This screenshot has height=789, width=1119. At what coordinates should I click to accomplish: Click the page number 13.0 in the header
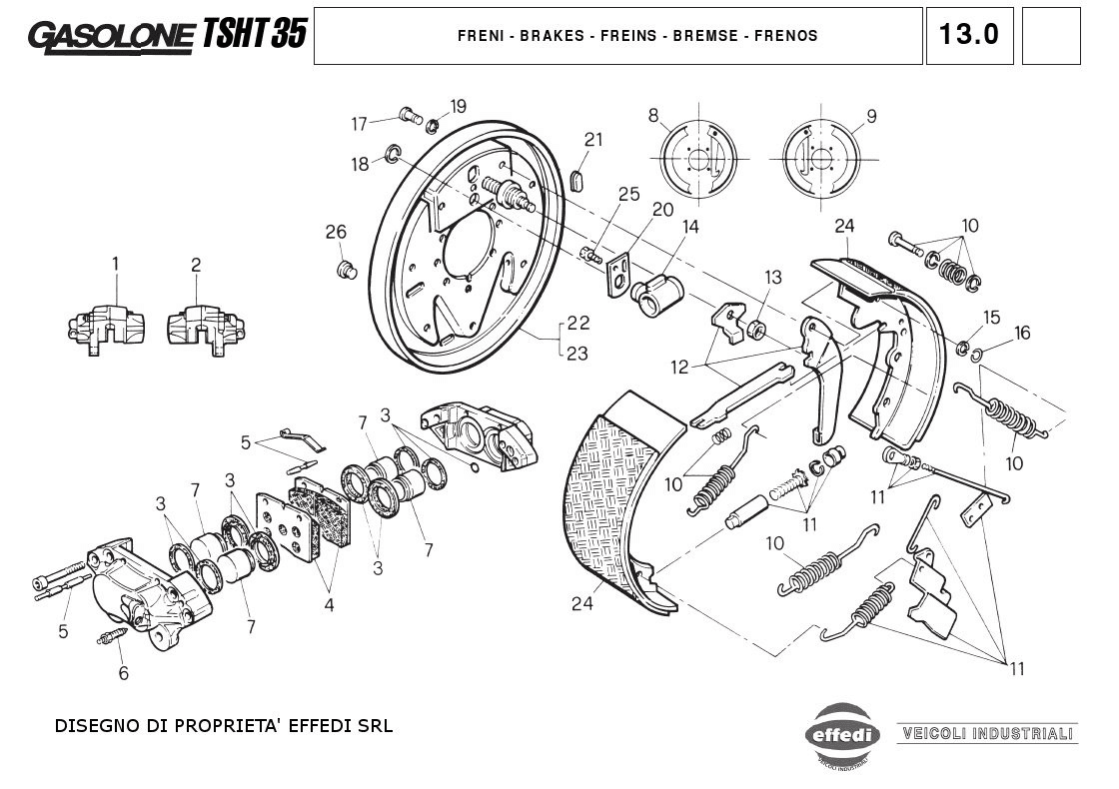point(968,35)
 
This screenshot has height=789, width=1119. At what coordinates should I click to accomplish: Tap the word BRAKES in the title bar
point(549,36)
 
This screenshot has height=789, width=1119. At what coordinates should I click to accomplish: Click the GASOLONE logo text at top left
point(112,36)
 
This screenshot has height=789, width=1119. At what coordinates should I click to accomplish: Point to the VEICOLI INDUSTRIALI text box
point(987,733)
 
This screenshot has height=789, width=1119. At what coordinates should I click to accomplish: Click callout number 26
point(336,233)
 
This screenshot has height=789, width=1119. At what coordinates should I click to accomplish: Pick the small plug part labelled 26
point(347,270)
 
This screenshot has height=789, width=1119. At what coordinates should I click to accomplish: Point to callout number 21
point(594,140)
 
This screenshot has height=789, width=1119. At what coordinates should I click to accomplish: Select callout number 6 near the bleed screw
point(124,673)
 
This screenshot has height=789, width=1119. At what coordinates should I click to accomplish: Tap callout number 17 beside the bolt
point(360,124)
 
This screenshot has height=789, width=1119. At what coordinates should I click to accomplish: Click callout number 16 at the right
point(1022,334)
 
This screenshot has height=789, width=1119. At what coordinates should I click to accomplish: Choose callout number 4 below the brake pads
point(329,604)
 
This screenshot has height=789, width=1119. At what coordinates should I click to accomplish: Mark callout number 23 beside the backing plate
point(577,353)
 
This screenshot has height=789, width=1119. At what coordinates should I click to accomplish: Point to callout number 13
point(773,277)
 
